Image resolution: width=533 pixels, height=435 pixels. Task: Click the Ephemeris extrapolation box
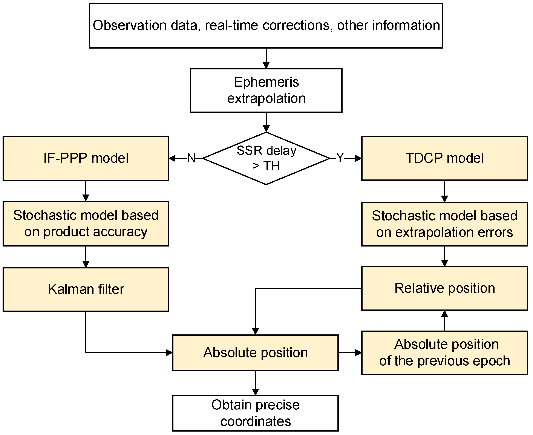[266, 90]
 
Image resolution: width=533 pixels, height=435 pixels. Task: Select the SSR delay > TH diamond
[266, 158]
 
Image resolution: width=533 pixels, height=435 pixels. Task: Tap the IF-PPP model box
[86, 158]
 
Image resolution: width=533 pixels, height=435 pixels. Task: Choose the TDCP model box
[444, 158]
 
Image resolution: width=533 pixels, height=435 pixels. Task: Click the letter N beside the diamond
[191, 158]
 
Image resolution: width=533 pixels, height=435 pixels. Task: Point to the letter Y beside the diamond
[340, 158]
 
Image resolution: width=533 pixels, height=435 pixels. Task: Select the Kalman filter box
[86, 289]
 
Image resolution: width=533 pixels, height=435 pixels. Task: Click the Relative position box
[444, 288]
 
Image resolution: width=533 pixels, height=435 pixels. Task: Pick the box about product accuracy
[86, 224]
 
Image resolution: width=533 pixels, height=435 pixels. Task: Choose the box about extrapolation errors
[444, 224]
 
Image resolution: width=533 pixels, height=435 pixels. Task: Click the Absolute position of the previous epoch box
[444, 353]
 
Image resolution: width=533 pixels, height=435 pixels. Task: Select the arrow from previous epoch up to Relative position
[444, 321]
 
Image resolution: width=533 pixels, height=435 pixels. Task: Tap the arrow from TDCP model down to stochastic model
[444, 191]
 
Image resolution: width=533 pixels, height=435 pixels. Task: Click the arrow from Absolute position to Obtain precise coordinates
[255, 383]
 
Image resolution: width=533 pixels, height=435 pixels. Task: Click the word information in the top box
[406, 26]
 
